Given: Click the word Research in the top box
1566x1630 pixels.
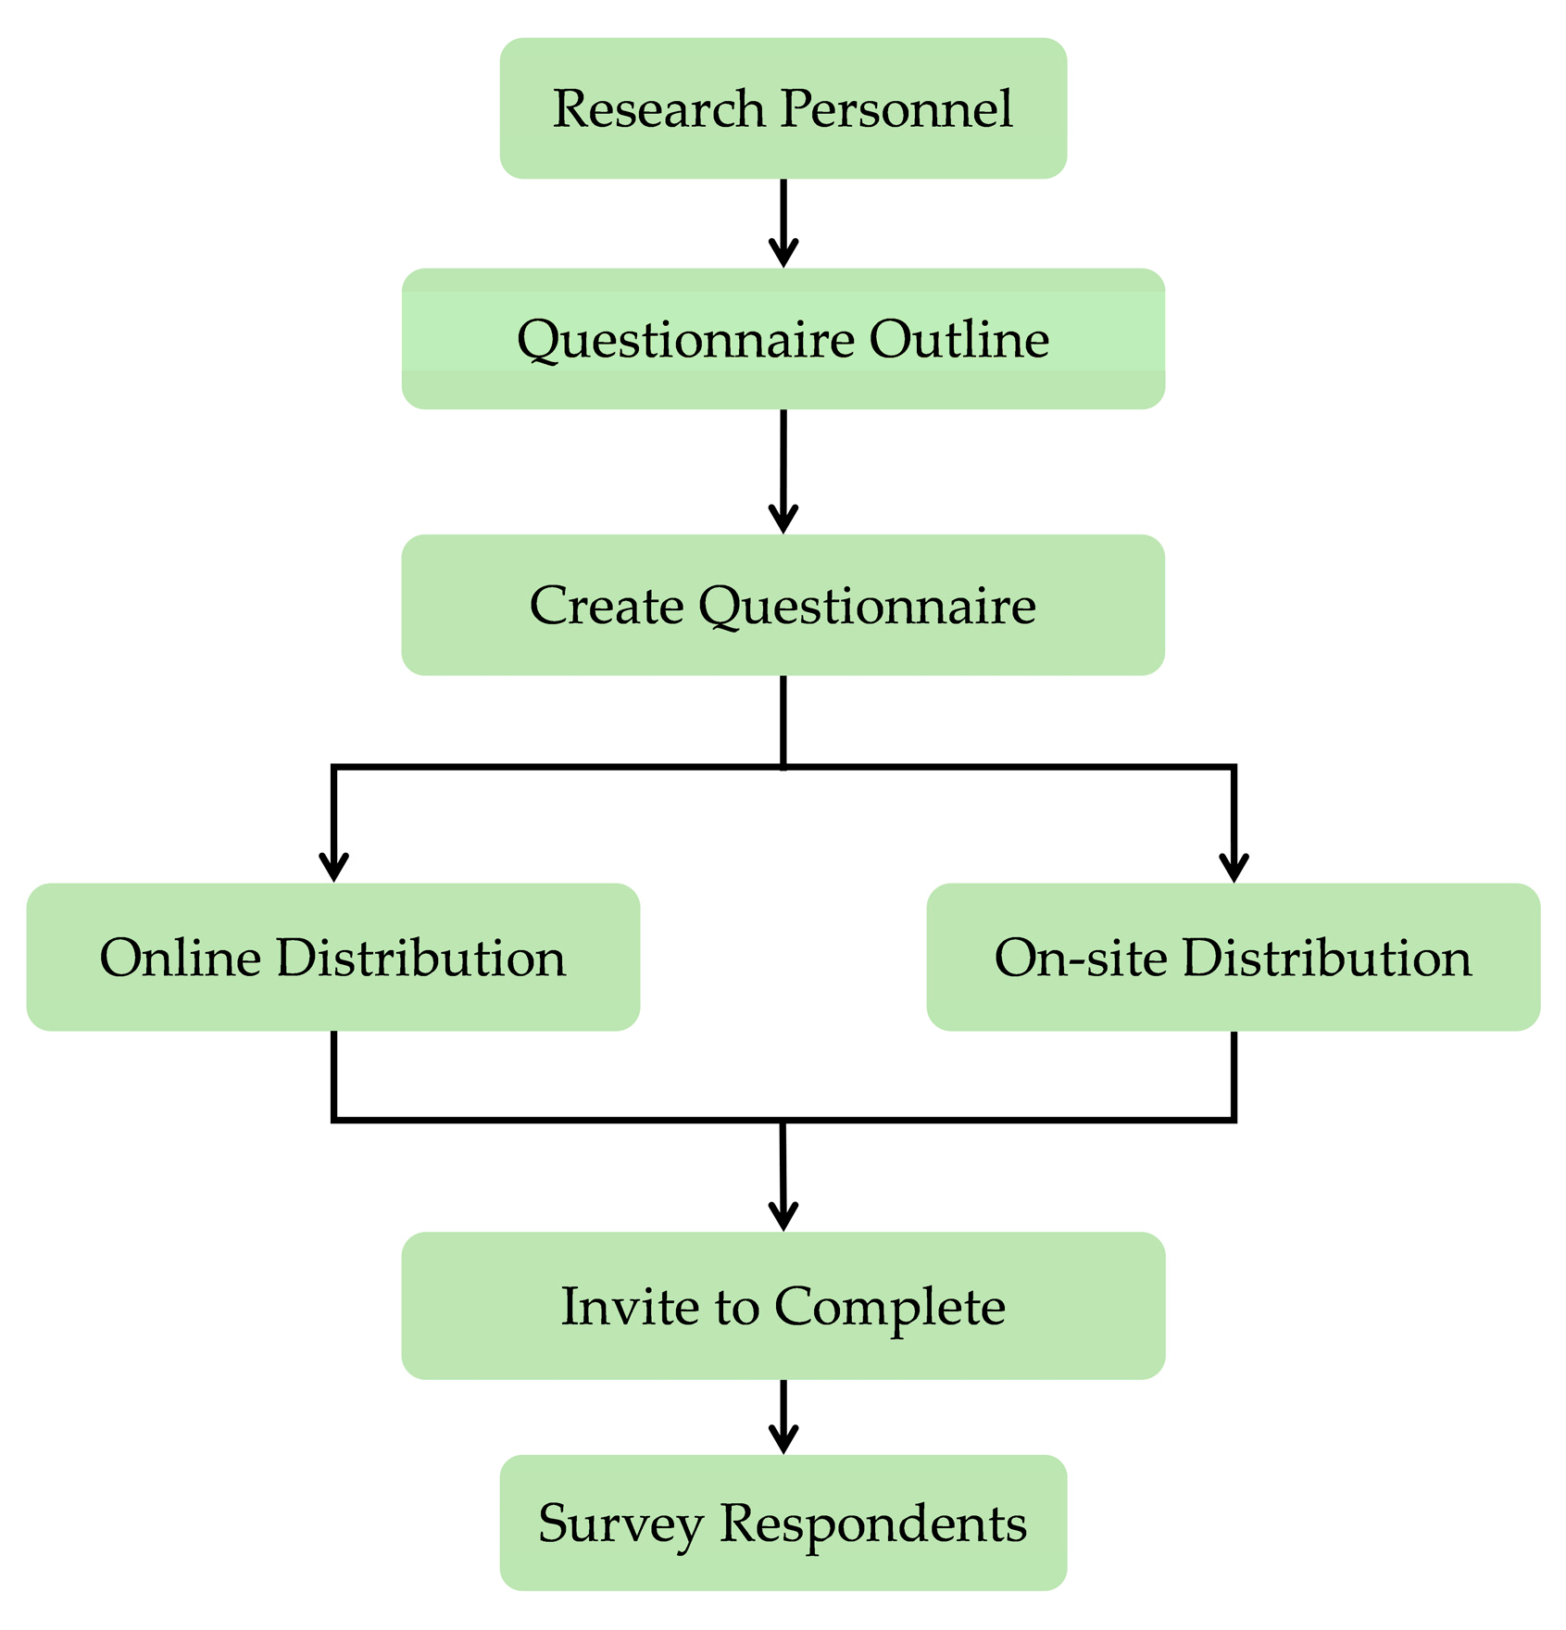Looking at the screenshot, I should tap(658, 108).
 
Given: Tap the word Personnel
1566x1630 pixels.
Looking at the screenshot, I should tap(896, 108).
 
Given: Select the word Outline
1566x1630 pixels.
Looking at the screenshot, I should tap(958, 339).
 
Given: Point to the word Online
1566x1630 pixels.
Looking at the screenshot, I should tap(181, 958).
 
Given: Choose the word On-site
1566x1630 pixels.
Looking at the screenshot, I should tap(1081, 958).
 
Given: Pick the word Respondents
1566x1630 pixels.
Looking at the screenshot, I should tap(873, 1524).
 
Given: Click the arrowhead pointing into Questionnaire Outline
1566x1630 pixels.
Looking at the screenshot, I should tap(783, 253).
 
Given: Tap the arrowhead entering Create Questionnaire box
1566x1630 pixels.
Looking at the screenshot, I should tap(783, 519).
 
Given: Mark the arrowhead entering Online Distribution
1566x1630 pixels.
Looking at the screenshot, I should tap(333, 868).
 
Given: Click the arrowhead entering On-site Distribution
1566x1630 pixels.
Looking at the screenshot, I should tap(1234, 868).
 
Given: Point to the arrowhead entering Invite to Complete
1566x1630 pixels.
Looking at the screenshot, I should tap(783, 1216).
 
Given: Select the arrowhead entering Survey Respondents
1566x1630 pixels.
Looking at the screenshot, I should tap(783, 1439).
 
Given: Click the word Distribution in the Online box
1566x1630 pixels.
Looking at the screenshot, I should tap(421, 958).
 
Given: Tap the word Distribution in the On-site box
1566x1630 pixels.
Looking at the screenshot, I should tap(1326, 958).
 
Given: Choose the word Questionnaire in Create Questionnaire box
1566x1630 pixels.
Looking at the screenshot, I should tap(867, 608).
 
